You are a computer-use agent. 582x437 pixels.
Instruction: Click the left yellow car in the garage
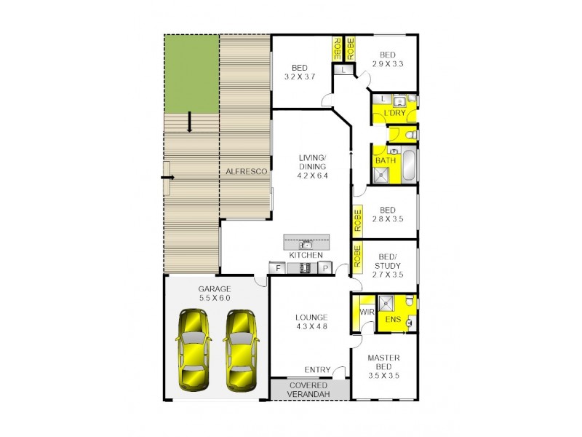[x=192, y=350]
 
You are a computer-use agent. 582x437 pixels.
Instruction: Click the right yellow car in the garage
[x=241, y=350]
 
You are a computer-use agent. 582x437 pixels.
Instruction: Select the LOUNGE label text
[x=311, y=317]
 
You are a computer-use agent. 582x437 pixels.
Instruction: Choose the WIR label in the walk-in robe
[x=366, y=312]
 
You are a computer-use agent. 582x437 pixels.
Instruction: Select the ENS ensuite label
[x=392, y=318]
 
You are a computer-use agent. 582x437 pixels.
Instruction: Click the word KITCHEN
[x=306, y=255]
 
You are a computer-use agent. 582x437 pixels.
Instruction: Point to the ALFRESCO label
[x=244, y=171]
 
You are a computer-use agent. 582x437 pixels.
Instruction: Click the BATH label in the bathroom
[x=385, y=160]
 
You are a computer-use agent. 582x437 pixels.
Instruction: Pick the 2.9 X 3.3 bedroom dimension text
[x=387, y=64]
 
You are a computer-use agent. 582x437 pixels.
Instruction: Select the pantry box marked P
[x=325, y=268]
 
